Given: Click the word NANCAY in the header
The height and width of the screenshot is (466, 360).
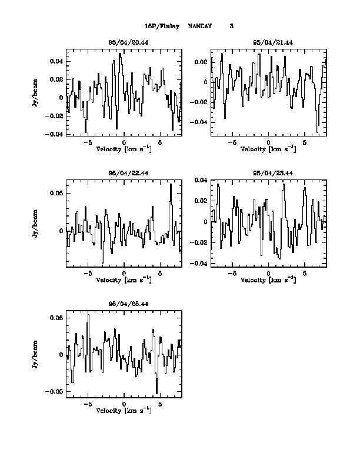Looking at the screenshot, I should (200, 26).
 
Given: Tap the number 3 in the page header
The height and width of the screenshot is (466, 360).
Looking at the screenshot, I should (231, 26).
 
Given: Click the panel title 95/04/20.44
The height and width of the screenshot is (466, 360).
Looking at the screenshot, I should (124, 43).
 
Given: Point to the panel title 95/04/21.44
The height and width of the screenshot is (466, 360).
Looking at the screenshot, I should (268, 43).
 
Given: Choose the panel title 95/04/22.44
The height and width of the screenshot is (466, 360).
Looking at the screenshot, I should (124, 173).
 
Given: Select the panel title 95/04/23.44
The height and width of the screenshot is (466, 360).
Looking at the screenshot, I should (268, 173).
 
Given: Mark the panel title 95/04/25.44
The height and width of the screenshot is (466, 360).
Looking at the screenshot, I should (124, 303).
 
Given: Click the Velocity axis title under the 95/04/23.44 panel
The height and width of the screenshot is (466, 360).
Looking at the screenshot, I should (268, 280).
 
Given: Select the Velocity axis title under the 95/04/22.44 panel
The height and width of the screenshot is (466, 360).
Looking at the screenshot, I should (124, 280).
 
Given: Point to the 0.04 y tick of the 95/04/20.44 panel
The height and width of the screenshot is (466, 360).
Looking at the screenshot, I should (56, 61).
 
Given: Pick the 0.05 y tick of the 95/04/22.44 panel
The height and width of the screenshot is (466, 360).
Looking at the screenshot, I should (56, 193).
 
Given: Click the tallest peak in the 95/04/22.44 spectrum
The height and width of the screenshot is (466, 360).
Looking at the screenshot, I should (171, 185).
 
